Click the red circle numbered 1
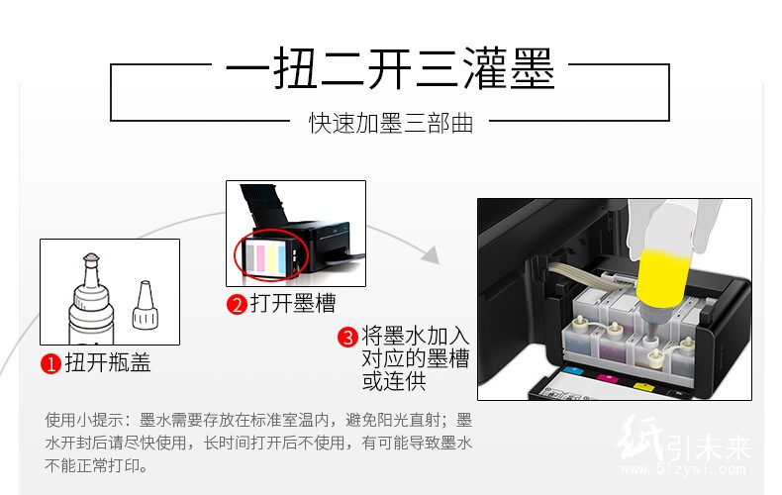pyautogui.click(x=50, y=363)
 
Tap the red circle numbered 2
pyautogui.click(x=237, y=304)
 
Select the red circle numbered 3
pyautogui.click(x=347, y=337)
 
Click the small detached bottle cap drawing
pyautogui.click(x=146, y=304)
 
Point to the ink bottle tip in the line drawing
pyautogui.click(x=91, y=258)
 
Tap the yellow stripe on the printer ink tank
pyautogui.click(x=271, y=258)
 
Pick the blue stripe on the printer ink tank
pyautogui.click(x=281, y=258)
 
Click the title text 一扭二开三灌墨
pyautogui.click(x=390, y=69)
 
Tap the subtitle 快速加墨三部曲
pyautogui.click(x=390, y=123)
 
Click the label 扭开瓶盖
pyautogui.click(x=108, y=362)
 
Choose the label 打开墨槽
pyautogui.click(x=293, y=303)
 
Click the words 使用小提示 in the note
pyautogui.click(x=76, y=420)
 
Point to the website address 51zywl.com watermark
pyautogui.click(x=683, y=469)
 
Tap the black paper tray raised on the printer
pyautogui.click(x=264, y=206)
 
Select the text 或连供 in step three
pyautogui.click(x=394, y=382)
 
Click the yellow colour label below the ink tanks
pyautogui.click(x=642, y=386)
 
